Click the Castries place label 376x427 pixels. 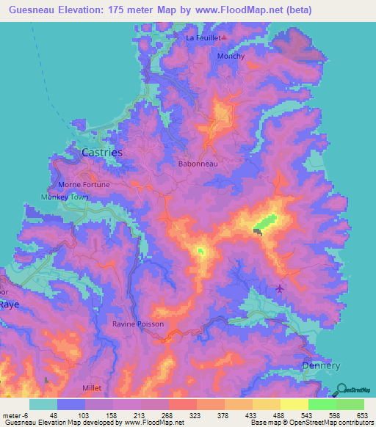click(x=101, y=152)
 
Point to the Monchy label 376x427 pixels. click(x=231, y=56)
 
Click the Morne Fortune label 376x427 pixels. click(x=84, y=184)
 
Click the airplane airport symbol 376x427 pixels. click(x=279, y=288)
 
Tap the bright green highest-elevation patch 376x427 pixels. click(x=265, y=221)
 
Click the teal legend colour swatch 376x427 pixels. click(x=43, y=404)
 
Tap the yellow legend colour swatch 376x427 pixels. click(x=294, y=404)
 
